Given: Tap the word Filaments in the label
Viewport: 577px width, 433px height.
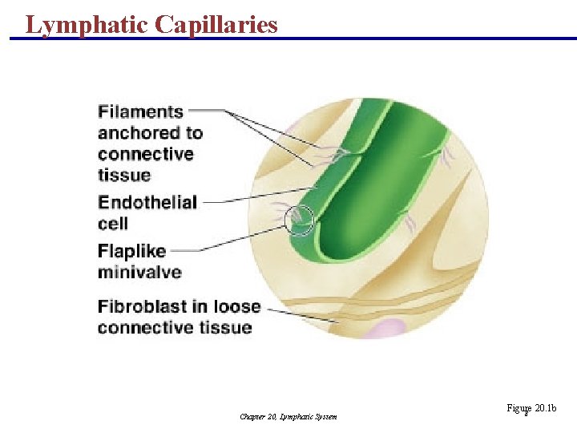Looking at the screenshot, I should (x=141, y=112).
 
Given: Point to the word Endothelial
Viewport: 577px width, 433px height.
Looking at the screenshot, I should (x=147, y=202).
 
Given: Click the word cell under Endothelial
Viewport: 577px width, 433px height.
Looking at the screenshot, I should (x=113, y=223).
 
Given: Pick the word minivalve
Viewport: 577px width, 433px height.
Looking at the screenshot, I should (x=139, y=272).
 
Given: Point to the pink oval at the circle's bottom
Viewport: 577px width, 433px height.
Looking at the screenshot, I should (x=388, y=329).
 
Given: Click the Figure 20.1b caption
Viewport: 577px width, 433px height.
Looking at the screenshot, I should (x=531, y=409).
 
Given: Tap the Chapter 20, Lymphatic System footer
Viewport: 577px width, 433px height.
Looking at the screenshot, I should (x=288, y=416).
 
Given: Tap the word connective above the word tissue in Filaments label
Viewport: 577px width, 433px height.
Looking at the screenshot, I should (x=146, y=154).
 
